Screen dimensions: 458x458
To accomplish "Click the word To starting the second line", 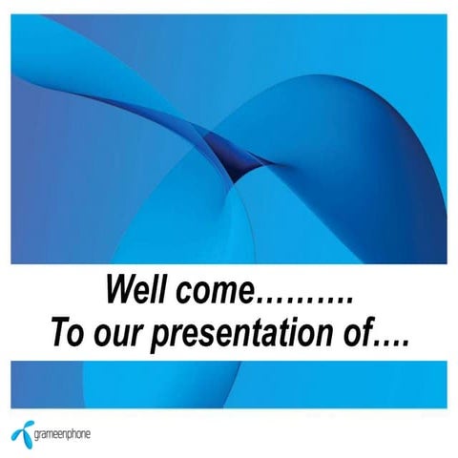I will pos(66,334).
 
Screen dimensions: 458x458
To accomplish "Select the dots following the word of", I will pos(391,343).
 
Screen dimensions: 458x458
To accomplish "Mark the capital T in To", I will pos(58,334).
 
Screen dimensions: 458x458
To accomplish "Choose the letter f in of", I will pos(367,334).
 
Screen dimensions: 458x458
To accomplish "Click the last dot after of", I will pos(406,343).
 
